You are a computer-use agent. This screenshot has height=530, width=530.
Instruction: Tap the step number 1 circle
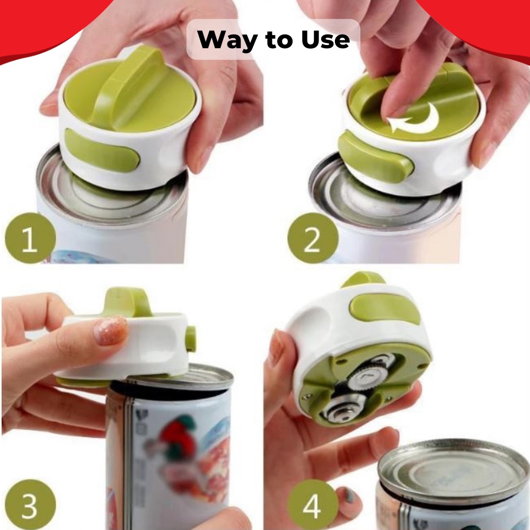[30, 238]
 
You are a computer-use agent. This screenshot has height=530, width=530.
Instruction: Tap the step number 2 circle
[313, 238]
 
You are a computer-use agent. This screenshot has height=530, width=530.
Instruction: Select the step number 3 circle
[30, 505]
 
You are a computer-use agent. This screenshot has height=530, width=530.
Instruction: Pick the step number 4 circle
[313, 505]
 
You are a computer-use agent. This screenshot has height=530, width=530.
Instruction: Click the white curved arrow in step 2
[414, 119]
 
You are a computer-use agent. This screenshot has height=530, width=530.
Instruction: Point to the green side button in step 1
[101, 149]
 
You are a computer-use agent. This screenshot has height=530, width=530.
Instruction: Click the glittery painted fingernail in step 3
[110, 331]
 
